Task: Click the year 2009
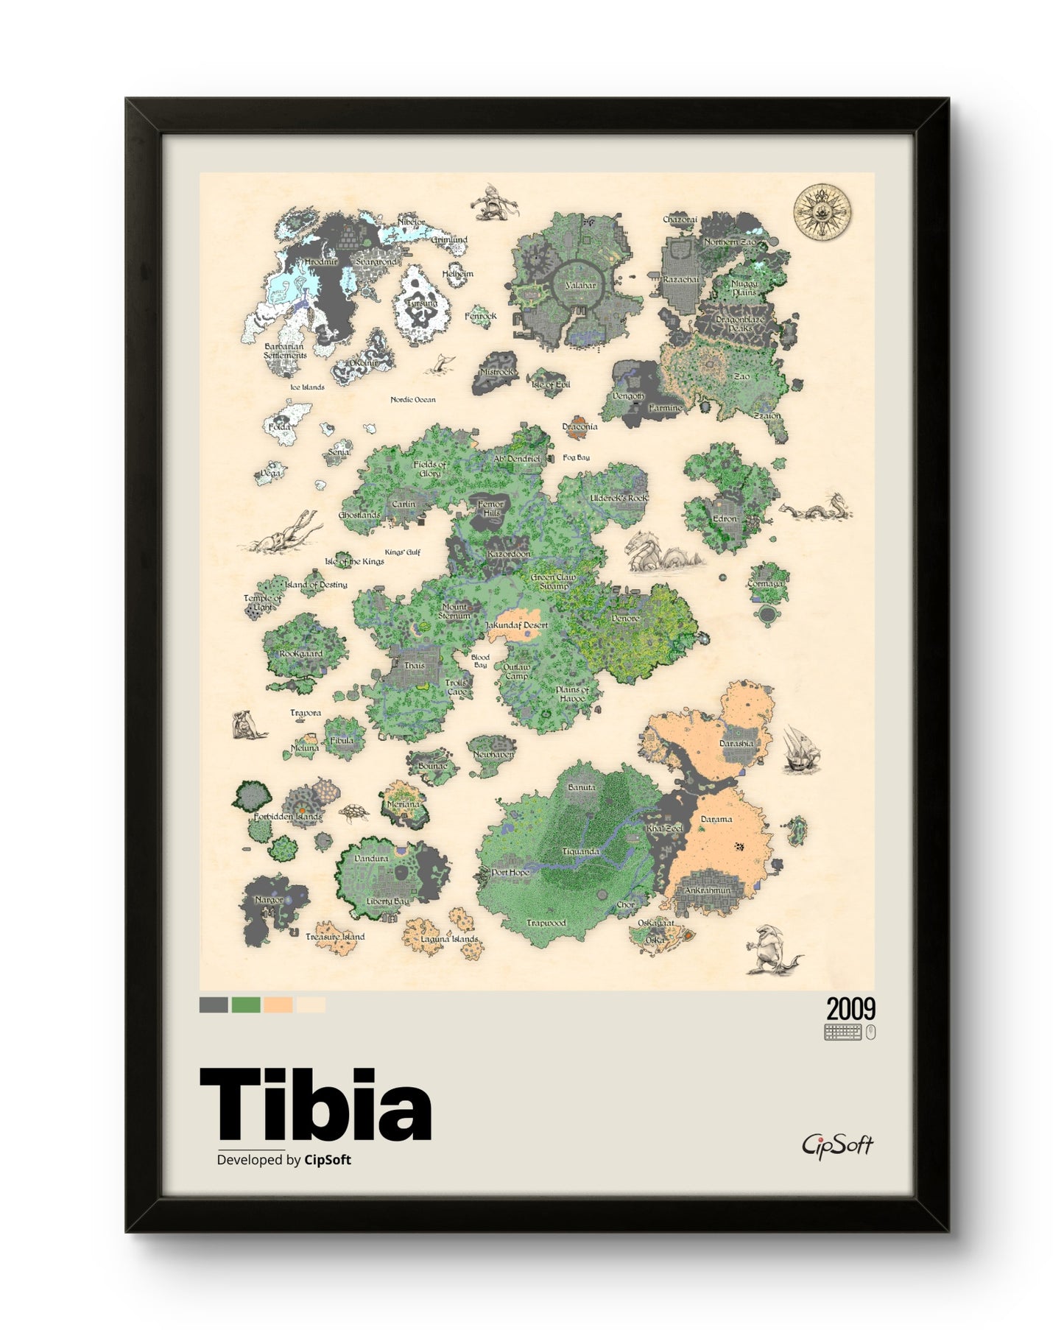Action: (850, 1008)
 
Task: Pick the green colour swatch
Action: (246, 1005)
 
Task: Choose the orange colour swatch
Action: (278, 1005)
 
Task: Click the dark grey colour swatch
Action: (214, 1005)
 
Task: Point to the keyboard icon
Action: (842, 1032)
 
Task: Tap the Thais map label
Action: (415, 666)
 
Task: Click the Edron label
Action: (725, 518)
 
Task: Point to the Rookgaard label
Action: (300, 653)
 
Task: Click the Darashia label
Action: (736, 744)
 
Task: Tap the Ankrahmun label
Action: (708, 890)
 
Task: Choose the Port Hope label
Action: (510, 873)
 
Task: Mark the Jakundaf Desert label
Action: (516, 625)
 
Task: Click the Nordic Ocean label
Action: (413, 400)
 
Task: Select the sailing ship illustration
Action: (800, 749)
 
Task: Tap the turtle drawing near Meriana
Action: (353, 812)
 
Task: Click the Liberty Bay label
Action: (388, 901)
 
